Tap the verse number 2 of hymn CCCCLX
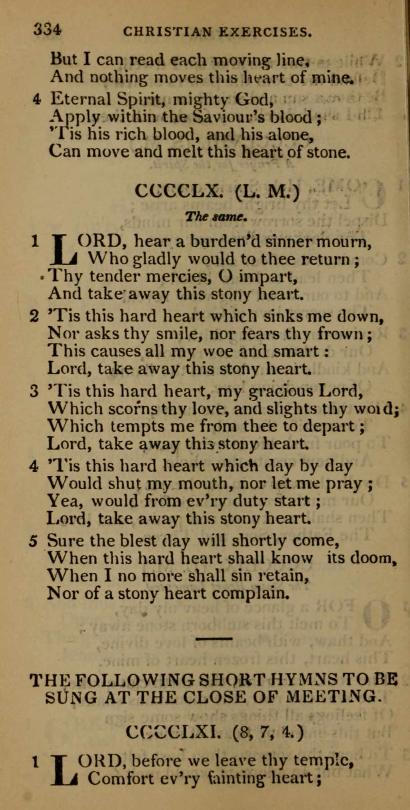[x=34, y=317]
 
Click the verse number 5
[x=33, y=541]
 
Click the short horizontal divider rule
[x=214, y=638]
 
